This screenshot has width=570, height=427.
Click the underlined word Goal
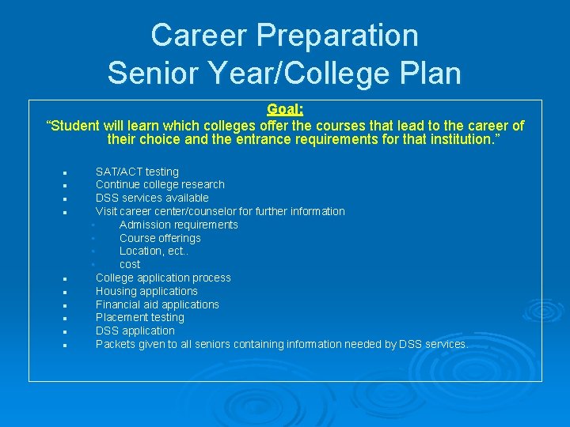click(283, 110)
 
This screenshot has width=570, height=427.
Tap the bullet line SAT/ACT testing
click(137, 172)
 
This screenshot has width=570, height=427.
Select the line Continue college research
click(160, 184)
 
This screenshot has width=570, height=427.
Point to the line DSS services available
click(152, 198)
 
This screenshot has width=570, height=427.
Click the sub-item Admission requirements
click(178, 225)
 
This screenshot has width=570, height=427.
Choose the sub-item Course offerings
click(160, 238)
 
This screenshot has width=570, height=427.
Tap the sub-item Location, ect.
click(154, 251)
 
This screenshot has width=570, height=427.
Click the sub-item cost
click(130, 264)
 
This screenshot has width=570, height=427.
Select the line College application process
click(163, 278)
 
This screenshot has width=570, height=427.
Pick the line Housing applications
click(146, 291)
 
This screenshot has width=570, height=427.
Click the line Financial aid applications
click(157, 304)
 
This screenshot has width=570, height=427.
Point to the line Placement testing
click(139, 317)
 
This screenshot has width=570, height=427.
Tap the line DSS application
click(135, 331)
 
